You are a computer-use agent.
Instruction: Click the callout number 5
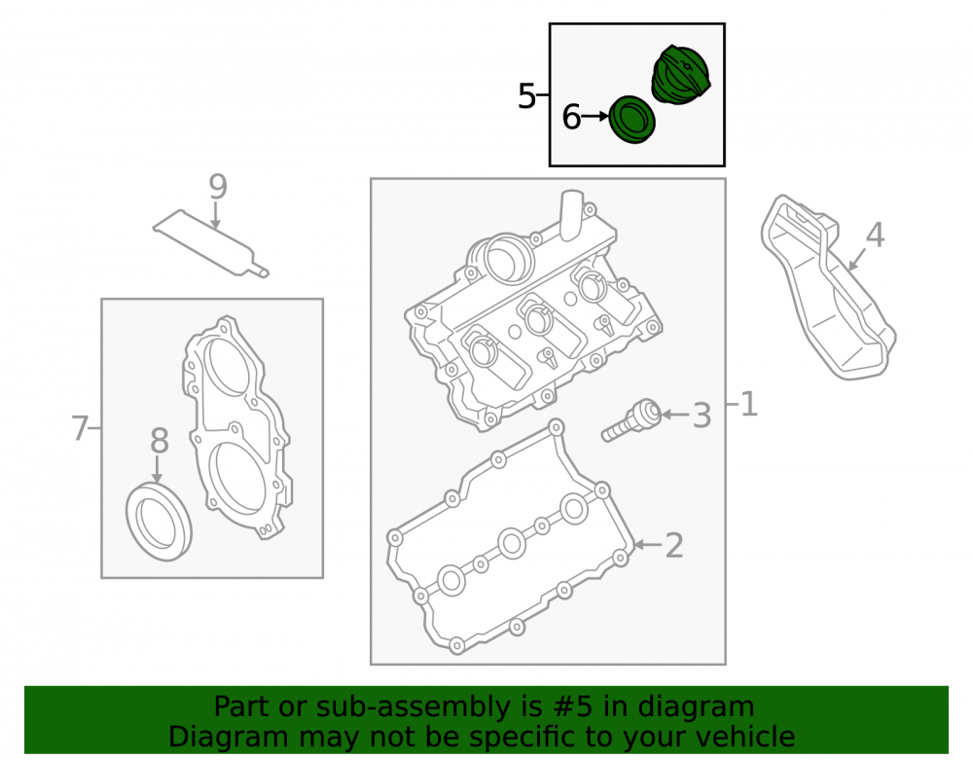point(526,96)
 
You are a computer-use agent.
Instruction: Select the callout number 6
point(571,117)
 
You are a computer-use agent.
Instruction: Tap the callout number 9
point(218,186)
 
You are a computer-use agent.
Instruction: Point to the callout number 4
point(875,235)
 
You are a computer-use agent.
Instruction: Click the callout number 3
point(702,416)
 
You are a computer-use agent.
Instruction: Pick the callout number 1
point(749,404)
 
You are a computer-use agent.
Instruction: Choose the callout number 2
point(674,545)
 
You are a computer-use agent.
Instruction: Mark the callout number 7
point(80,429)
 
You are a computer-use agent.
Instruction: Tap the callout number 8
point(160,441)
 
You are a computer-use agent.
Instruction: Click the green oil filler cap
point(680,75)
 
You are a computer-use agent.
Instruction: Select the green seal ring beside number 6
point(631,120)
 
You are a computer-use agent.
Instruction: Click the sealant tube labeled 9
point(211,243)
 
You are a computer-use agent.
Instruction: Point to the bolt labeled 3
point(631,420)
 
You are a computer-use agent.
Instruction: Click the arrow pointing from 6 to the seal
point(595,116)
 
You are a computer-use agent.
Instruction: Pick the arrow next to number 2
point(648,545)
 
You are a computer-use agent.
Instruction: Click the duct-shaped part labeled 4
point(828,288)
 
